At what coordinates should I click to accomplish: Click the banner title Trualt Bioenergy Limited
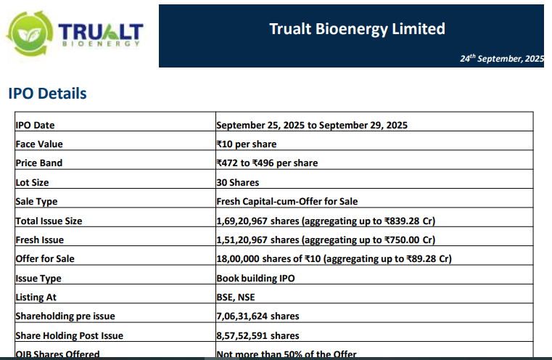(x=357, y=29)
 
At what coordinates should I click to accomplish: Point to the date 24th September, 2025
(x=501, y=58)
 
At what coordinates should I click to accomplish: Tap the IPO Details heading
(x=47, y=94)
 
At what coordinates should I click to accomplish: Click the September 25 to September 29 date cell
(x=311, y=125)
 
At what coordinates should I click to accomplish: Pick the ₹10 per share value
(x=246, y=144)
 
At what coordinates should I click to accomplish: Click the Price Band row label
(x=38, y=163)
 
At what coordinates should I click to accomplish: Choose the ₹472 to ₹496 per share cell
(x=266, y=163)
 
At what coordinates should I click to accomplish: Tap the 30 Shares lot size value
(x=237, y=182)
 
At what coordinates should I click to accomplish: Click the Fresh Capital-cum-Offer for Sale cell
(x=287, y=201)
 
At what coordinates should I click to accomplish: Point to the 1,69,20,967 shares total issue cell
(x=325, y=221)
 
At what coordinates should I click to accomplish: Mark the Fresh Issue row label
(x=40, y=240)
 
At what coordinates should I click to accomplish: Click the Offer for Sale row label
(x=45, y=258)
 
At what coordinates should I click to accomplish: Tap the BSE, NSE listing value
(x=236, y=297)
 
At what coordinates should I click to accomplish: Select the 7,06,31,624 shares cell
(x=258, y=316)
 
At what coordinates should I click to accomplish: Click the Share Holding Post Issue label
(x=69, y=335)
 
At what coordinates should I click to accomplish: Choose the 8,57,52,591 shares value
(x=258, y=335)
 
